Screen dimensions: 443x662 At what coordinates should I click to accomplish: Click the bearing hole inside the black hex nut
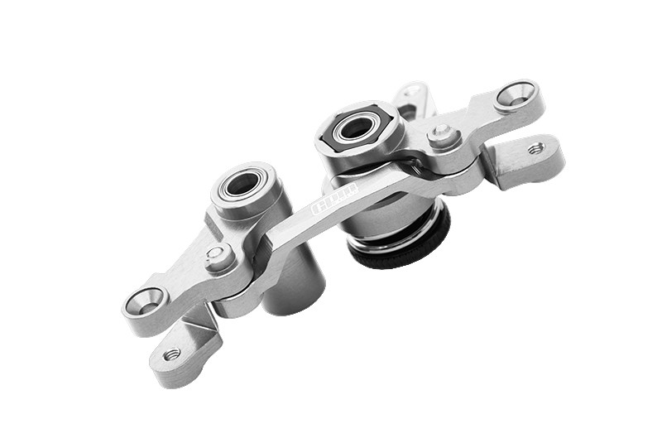click(355, 128)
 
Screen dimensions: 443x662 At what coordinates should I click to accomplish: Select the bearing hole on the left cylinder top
click(241, 184)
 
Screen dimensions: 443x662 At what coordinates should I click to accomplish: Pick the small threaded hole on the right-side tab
click(536, 149)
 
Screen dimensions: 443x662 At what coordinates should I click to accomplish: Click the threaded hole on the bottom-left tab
click(172, 355)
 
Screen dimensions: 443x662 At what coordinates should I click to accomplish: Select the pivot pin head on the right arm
click(441, 132)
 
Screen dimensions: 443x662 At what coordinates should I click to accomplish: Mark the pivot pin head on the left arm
click(217, 254)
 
